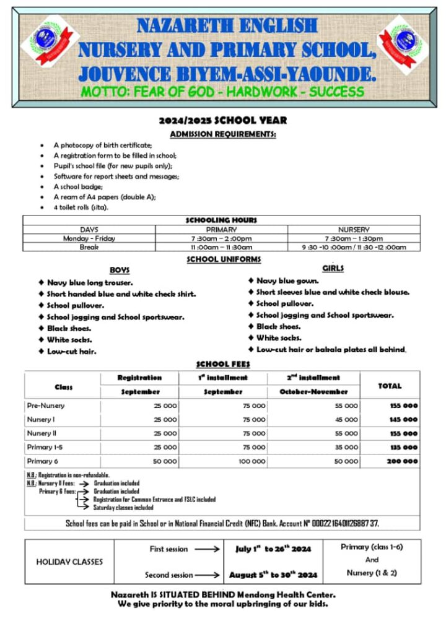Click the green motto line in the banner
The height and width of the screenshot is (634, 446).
(x=222, y=92)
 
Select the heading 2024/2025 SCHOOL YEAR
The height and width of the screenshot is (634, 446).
(x=222, y=120)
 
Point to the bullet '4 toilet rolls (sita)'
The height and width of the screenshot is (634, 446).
(x=81, y=207)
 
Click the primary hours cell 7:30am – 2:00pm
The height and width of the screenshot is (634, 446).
(x=221, y=238)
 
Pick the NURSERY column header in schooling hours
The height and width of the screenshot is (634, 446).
(x=354, y=229)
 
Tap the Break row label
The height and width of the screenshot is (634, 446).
(x=89, y=247)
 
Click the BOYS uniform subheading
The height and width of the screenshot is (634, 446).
(x=120, y=271)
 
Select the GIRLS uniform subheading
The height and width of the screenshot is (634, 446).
(x=333, y=268)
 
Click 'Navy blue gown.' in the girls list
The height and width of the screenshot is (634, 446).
(x=287, y=280)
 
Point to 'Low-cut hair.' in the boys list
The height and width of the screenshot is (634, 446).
(x=71, y=351)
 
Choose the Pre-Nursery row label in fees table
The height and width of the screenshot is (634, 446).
(x=46, y=406)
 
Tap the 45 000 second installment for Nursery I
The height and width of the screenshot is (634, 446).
(x=346, y=420)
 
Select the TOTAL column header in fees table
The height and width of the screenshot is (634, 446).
(x=390, y=385)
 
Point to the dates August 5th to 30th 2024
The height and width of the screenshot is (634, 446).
(x=273, y=575)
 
